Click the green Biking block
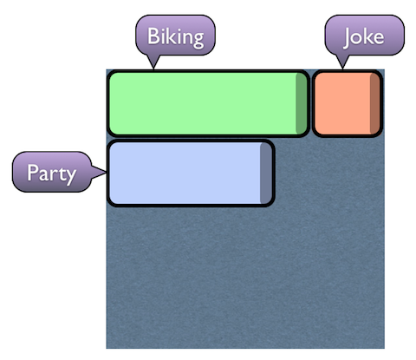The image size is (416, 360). (x=208, y=103)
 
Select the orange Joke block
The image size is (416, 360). (x=348, y=103)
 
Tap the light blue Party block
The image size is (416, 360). (x=191, y=173)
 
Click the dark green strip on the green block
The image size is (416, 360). (x=302, y=103)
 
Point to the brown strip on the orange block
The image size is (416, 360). (x=375, y=103)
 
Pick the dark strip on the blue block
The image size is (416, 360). (x=266, y=173)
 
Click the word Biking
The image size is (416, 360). (x=176, y=37)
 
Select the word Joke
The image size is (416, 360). (x=364, y=37)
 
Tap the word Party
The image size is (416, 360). (x=52, y=173)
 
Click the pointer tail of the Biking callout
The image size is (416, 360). (x=153, y=62)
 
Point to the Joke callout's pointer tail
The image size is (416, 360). (x=342, y=62)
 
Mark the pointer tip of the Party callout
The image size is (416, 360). (x=107, y=173)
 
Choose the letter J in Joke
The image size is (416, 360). (x=348, y=37)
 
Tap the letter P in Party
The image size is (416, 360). (x=32, y=173)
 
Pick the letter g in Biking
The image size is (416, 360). (x=198, y=40)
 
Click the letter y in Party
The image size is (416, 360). (x=70, y=177)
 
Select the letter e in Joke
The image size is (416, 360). (x=379, y=38)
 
